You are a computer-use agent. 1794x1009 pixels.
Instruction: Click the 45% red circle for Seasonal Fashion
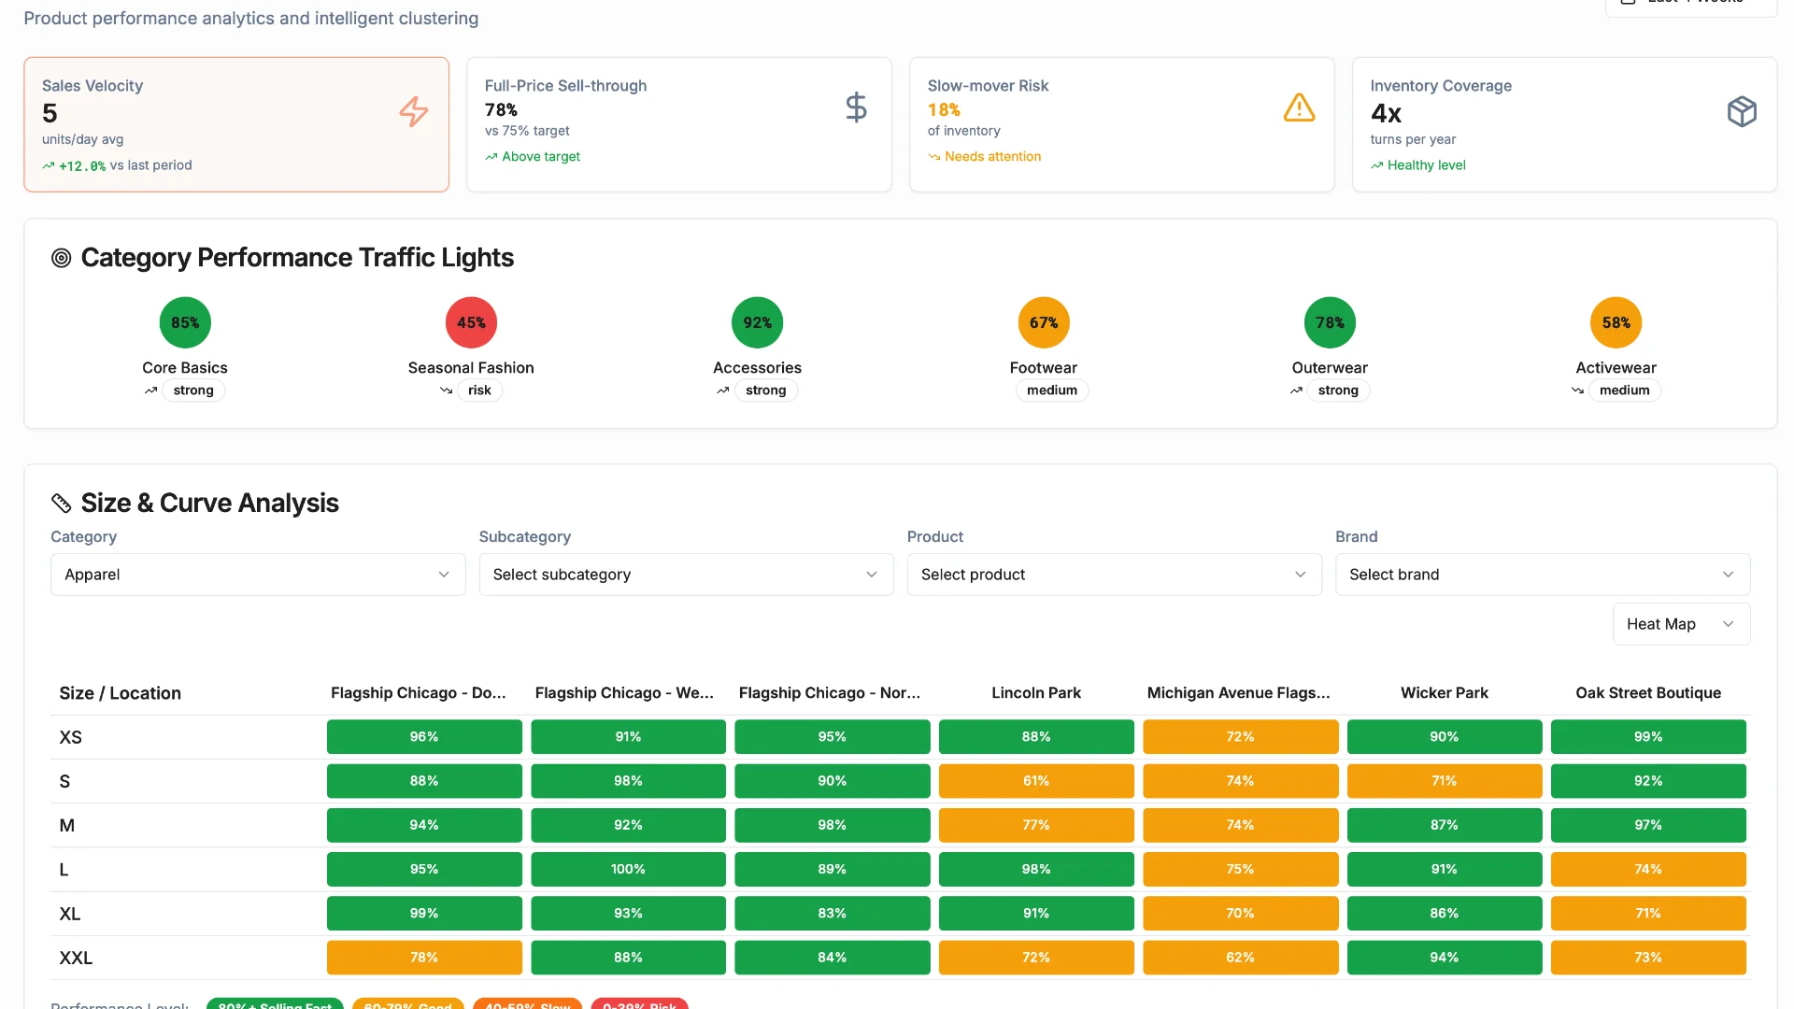(471, 322)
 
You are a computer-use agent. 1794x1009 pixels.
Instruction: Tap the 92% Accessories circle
(757, 322)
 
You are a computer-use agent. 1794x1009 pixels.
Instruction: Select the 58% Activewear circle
(1616, 322)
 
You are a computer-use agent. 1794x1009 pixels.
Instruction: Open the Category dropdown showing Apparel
(257, 575)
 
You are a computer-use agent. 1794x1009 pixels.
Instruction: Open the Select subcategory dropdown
(686, 575)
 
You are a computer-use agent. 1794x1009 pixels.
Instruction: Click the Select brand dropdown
(1542, 575)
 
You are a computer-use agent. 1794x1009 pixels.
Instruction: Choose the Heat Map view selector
(1680, 624)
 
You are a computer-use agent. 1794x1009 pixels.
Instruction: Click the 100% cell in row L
(628, 869)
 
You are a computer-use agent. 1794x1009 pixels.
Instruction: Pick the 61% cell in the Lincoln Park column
(1035, 781)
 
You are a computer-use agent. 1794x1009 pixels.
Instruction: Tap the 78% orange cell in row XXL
(423, 958)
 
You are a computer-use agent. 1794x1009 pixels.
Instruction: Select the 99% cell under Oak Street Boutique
(1647, 737)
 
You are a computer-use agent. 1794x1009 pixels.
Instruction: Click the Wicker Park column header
(1444, 693)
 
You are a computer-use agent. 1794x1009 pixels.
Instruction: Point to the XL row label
(70, 914)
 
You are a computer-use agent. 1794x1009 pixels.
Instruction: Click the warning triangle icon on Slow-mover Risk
(1299, 107)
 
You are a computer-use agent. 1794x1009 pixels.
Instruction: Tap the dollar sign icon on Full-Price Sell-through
(856, 107)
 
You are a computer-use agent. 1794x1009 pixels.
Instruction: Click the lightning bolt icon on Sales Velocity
(413, 111)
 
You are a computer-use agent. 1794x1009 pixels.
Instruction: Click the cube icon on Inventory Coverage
(1742, 111)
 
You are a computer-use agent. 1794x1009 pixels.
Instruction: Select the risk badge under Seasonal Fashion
(479, 391)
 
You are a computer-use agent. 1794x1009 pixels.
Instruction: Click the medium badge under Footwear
(1051, 391)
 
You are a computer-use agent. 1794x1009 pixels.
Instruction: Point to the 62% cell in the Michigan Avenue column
(1239, 958)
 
